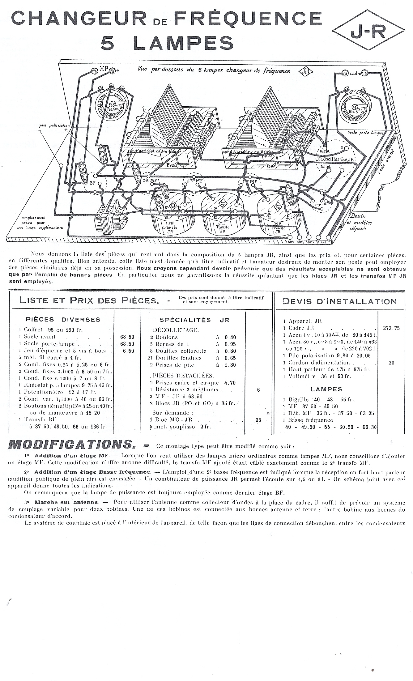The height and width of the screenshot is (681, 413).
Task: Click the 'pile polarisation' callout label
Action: (54, 126)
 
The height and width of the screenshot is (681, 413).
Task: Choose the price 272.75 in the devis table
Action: (391, 328)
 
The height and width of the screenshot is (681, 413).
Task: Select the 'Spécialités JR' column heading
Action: (194, 320)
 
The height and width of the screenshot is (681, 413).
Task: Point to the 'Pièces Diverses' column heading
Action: (63, 319)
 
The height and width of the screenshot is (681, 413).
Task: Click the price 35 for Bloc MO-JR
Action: (258, 420)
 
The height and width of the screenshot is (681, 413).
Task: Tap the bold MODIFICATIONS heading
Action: (71, 445)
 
